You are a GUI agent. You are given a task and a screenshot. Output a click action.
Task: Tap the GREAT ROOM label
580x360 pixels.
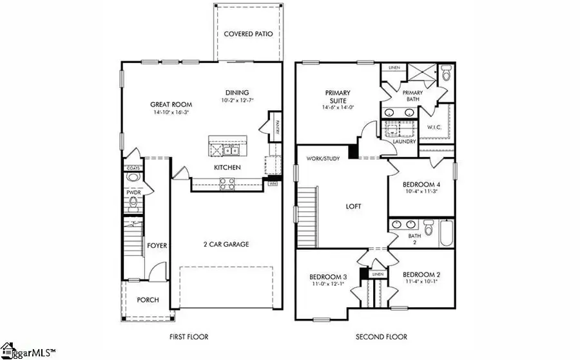[x=169, y=104]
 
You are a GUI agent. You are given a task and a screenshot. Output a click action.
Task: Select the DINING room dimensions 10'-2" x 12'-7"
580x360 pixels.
[x=237, y=100]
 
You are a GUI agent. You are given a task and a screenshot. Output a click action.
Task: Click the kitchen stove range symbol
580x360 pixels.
[x=227, y=184]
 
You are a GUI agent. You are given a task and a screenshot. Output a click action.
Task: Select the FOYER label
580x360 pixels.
[x=157, y=245]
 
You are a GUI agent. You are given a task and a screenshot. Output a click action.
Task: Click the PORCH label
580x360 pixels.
[x=148, y=300]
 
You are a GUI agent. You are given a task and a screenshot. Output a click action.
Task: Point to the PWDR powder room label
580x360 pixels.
[x=133, y=191]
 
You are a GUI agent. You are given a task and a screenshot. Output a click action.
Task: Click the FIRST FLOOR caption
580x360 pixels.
[x=189, y=337]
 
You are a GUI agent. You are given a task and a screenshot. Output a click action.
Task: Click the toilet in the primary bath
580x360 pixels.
[x=446, y=72]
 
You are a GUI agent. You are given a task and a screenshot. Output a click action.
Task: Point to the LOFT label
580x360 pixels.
[x=353, y=207]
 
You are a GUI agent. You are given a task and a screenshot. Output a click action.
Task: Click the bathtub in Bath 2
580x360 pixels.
[x=447, y=233]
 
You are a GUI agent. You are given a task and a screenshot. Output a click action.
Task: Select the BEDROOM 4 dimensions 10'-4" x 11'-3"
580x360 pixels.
[x=420, y=191]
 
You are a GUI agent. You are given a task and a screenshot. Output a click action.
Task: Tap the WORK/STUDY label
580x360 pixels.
[x=322, y=158]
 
